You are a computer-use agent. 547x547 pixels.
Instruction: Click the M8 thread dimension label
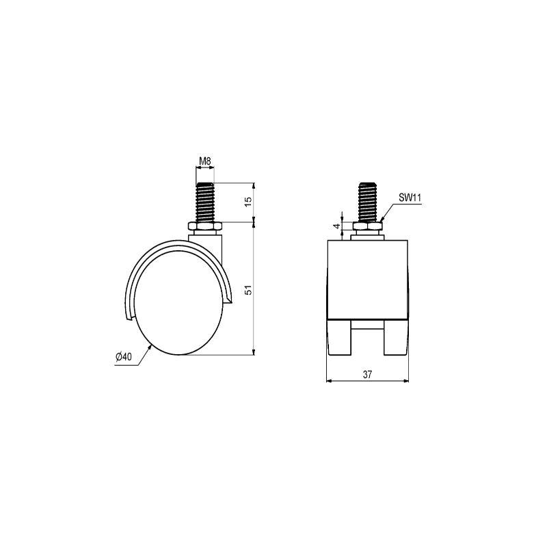205,161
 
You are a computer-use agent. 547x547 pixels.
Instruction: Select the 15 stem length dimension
248,202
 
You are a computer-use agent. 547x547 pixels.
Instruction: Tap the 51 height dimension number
248,290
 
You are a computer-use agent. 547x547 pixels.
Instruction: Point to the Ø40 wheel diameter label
123,357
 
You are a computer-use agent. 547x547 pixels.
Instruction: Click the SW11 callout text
410,198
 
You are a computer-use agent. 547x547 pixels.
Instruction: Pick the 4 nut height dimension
336,226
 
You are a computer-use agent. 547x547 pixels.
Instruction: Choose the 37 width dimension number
367,374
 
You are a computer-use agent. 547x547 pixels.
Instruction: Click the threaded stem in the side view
205,202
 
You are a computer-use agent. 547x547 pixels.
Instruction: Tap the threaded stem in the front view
368,202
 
